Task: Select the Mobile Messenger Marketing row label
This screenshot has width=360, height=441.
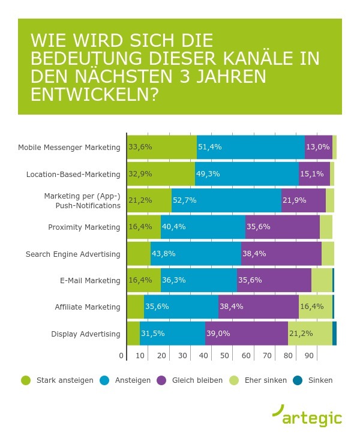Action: click(69, 148)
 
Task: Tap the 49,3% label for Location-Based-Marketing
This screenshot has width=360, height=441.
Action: click(206, 175)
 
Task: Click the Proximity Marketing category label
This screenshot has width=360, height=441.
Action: click(84, 227)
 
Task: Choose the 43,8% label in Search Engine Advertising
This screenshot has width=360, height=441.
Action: click(163, 254)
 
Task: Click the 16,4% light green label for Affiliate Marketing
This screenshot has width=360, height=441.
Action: click(311, 307)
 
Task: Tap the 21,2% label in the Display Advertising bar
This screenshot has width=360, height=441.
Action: click(300, 334)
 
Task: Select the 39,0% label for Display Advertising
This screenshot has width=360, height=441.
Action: click(217, 334)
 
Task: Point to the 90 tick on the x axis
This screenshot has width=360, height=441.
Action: click(310, 356)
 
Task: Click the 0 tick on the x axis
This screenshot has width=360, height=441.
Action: click(122, 356)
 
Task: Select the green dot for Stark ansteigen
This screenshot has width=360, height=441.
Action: click(25, 380)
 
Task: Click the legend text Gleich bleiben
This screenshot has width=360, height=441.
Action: click(197, 380)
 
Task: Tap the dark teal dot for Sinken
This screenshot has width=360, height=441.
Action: click(296, 380)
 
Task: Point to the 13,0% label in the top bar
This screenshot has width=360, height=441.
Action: click(317, 148)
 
